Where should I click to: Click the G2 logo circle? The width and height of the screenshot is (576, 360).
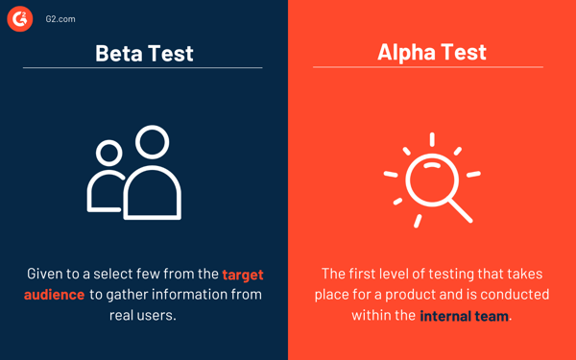(20, 18)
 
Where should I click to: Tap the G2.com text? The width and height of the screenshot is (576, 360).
(60, 19)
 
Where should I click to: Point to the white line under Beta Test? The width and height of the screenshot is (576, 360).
(142, 68)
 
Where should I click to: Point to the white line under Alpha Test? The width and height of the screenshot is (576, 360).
(427, 67)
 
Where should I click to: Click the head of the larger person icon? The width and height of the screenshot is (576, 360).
(152, 142)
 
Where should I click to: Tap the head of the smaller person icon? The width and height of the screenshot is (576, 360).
(109, 152)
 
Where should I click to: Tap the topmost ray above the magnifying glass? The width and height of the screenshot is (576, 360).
(432, 140)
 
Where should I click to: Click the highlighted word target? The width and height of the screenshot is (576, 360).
(242, 275)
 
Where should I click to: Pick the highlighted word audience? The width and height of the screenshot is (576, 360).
(55, 295)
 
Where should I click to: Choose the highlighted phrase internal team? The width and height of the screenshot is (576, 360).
(465, 315)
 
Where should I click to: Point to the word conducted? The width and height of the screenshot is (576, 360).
(515, 294)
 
